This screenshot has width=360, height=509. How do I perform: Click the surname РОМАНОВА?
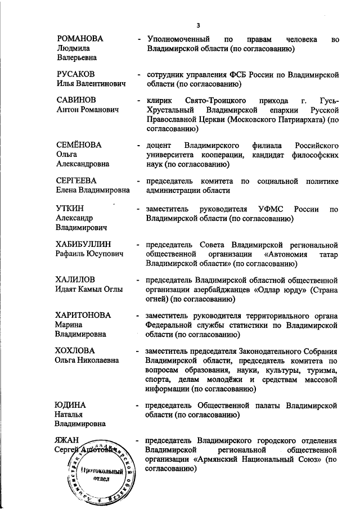tap(83, 39)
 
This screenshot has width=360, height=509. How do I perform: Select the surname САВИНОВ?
tap(78, 100)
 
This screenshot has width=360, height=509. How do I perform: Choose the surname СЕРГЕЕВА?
tap(77, 181)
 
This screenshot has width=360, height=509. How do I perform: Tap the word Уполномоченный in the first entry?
tap(179, 39)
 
